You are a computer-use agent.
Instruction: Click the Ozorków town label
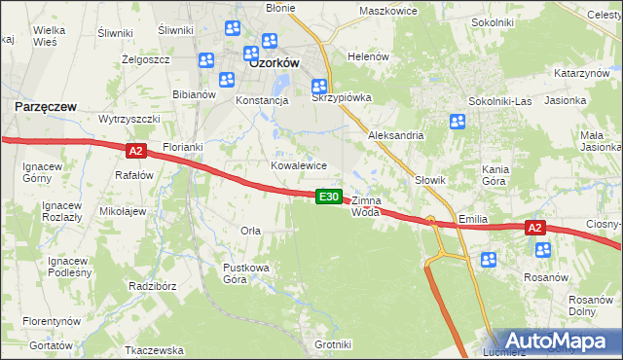[274, 61]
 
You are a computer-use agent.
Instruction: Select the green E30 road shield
[329, 197]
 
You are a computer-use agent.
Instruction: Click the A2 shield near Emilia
[534, 228]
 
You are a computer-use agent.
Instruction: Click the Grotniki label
[333, 344]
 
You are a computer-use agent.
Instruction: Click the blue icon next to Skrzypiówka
[318, 87]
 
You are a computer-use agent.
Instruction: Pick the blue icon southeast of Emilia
[489, 260]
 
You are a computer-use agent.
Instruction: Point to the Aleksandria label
[395, 135]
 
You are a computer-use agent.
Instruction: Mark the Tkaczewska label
[155, 349]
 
